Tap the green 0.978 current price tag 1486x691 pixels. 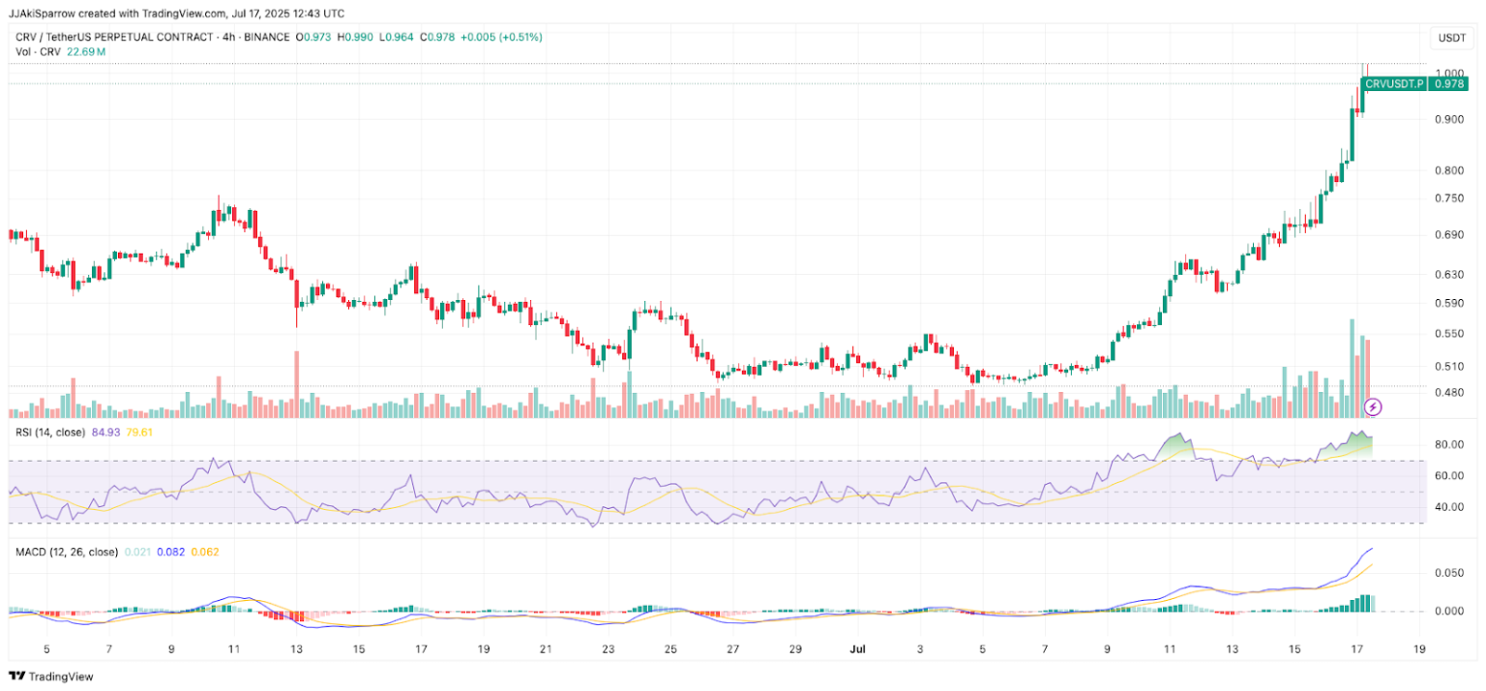point(1448,84)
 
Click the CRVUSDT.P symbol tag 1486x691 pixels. point(1393,84)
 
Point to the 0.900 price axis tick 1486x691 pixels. point(1448,120)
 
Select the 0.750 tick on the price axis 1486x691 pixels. point(1448,198)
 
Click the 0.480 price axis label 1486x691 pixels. point(1448,393)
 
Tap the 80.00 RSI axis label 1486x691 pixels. point(1448,445)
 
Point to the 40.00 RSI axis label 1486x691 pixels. point(1448,507)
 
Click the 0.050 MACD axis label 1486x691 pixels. point(1448,574)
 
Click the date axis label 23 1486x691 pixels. point(609,649)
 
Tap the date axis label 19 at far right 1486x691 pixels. point(1419,649)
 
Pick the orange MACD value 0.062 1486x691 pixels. point(204,553)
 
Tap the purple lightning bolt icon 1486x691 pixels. point(1372,406)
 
